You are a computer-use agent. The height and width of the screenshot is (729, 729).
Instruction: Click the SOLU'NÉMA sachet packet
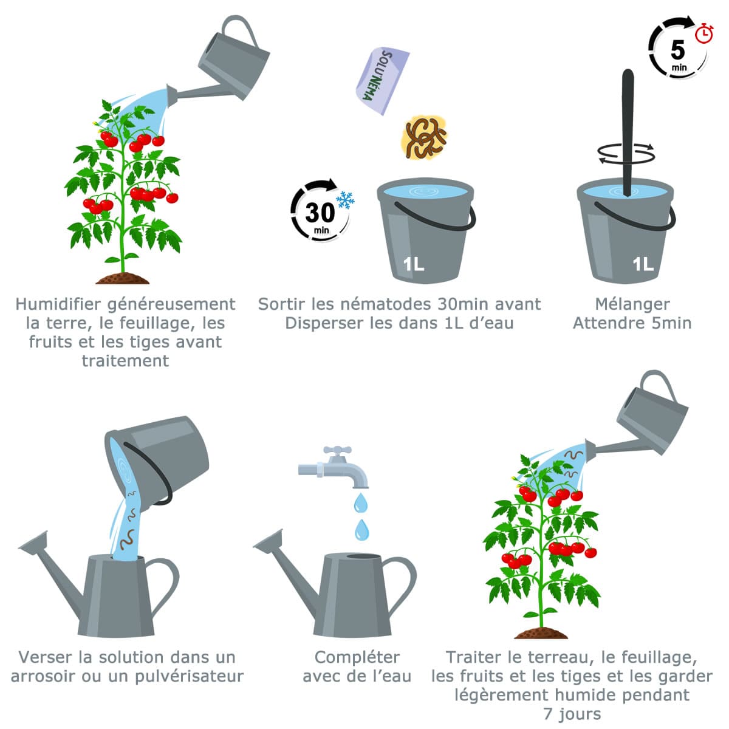point(381,81)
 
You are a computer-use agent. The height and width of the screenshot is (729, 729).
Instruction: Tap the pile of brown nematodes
point(424,137)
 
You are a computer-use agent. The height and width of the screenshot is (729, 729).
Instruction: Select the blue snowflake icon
point(345,200)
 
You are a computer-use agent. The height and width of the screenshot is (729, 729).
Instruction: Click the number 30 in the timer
point(320,213)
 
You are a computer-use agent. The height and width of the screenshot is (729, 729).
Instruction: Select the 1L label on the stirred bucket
point(643,264)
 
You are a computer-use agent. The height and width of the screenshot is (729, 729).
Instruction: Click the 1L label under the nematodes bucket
point(413,264)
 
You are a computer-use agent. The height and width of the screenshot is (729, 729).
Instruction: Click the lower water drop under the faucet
point(362,530)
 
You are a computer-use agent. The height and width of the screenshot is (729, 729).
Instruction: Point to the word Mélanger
point(632,304)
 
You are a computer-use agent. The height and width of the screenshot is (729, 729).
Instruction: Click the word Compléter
point(357,657)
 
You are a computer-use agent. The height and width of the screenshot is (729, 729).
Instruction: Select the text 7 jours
point(572,714)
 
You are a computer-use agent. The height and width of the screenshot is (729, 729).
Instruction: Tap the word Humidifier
point(58,304)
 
